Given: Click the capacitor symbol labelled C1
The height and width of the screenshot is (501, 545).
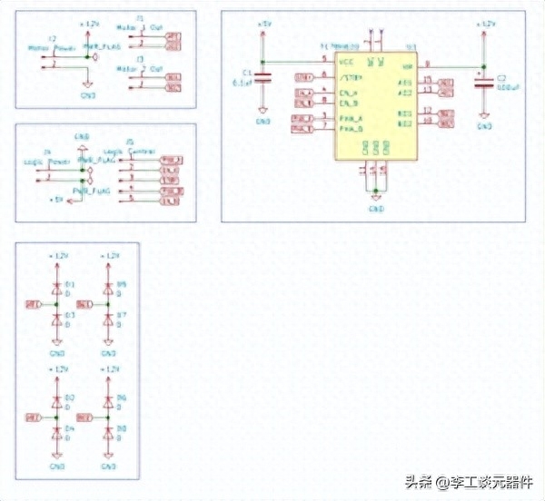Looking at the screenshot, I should [263, 78].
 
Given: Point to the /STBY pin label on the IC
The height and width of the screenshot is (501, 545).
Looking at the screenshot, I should [350, 78].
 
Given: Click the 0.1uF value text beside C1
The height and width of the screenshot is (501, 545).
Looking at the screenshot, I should [243, 83].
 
